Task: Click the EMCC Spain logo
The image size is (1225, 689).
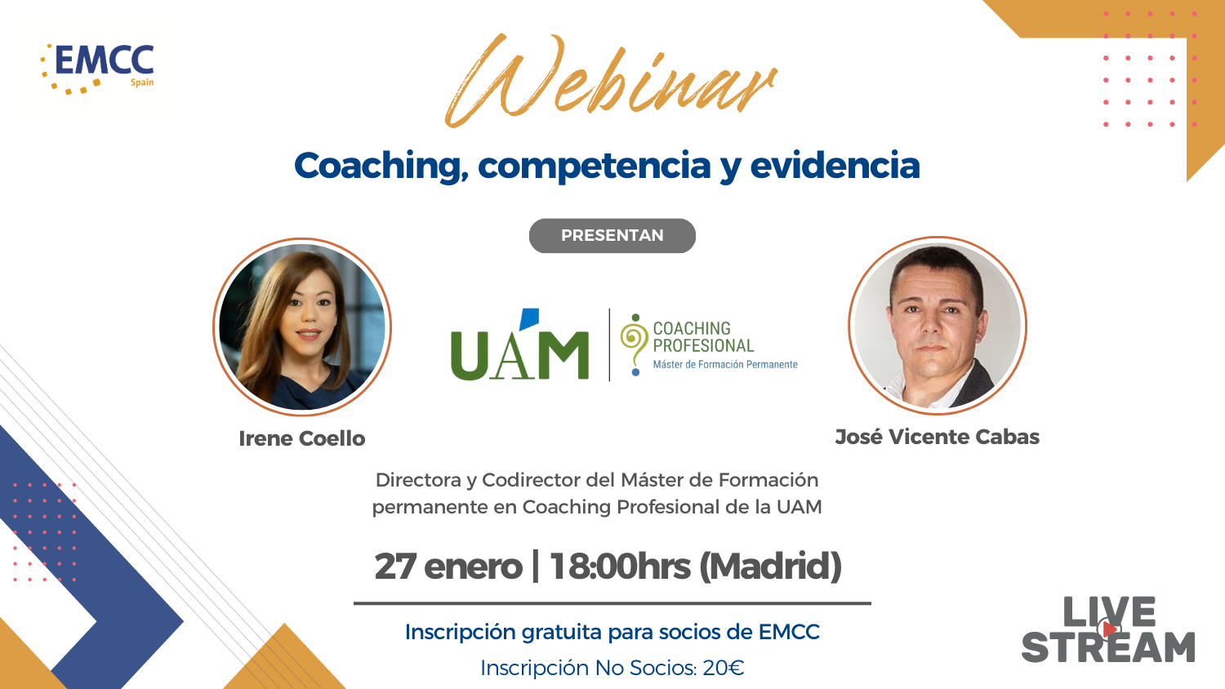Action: click(x=97, y=69)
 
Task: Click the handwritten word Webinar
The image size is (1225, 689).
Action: click(x=611, y=81)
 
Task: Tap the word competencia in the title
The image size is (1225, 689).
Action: click(x=594, y=166)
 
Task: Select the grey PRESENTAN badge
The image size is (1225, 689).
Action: click(x=612, y=236)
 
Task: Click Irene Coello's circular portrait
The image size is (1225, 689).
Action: click(x=302, y=327)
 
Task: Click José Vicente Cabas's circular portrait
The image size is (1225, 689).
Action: click(x=938, y=326)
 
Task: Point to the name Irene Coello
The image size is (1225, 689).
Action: click(x=302, y=438)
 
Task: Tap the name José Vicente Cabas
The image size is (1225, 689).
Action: click(x=937, y=437)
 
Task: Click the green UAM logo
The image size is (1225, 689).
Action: click(x=519, y=345)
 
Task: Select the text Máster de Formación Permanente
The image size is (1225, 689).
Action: click(x=725, y=365)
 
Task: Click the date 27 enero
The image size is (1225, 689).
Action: click(x=448, y=567)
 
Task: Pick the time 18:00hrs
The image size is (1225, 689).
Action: click(x=620, y=567)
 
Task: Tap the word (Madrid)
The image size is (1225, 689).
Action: click(x=771, y=567)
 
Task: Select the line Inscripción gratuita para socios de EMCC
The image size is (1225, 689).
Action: click(x=612, y=632)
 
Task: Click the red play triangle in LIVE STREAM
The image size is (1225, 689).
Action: click(x=1109, y=629)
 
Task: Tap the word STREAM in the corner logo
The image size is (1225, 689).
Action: click(x=1108, y=647)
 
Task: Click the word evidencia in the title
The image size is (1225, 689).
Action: click(x=835, y=165)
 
